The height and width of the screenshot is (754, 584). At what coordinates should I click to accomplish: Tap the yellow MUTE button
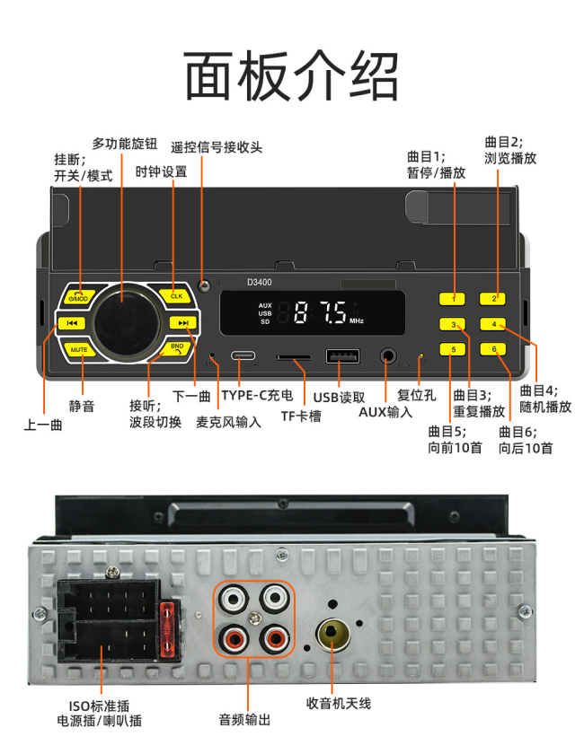pyautogui.click(x=78, y=349)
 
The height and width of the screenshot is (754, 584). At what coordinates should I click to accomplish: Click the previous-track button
pyautogui.click(x=72, y=323)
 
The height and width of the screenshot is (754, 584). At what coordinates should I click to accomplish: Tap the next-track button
pyautogui.click(x=183, y=322)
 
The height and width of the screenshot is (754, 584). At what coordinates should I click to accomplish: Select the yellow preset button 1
pyautogui.click(x=452, y=299)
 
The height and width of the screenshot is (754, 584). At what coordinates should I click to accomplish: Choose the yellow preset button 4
pyautogui.click(x=493, y=324)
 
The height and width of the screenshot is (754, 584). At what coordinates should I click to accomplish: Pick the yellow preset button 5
pyautogui.click(x=452, y=349)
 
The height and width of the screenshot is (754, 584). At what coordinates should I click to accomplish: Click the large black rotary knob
pyautogui.click(x=127, y=322)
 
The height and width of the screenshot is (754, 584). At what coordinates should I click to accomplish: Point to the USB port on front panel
pyautogui.click(x=342, y=357)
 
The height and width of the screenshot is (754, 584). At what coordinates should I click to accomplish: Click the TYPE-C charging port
pyautogui.click(x=243, y=356)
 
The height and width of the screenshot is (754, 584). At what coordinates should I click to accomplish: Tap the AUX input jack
pyautogui.click(x=387, y=357)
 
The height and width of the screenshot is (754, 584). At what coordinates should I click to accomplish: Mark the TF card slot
pyautogui.click(x=293, y=358)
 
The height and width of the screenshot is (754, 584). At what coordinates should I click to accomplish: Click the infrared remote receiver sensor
pyautogui.click(x=204, y=285)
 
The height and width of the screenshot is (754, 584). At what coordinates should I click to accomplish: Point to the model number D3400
pyautogui.click(x=259, y=282)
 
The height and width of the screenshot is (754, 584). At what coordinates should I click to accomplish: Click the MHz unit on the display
pyautogui.click(x=357, y=320)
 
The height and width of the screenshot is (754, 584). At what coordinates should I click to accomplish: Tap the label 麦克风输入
pyautogui.click(x=228, y=422)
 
